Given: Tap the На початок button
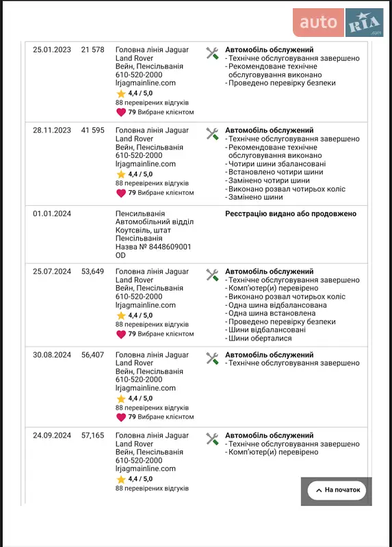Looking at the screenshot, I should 337,490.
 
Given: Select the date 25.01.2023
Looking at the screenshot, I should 52,50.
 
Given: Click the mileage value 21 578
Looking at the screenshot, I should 92,50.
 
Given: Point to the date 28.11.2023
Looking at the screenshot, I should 52,130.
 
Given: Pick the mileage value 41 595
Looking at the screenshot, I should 92,130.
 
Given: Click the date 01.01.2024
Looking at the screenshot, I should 52,213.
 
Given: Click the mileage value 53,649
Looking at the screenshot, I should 92,271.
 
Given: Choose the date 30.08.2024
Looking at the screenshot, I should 52,355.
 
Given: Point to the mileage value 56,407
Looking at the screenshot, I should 92,355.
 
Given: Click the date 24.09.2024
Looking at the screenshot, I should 52,436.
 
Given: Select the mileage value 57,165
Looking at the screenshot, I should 92,436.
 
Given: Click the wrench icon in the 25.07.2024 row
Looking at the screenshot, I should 212,274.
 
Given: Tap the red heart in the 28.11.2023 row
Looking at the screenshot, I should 121,193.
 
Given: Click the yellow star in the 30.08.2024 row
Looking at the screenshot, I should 121,399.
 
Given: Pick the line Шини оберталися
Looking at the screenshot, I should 260,338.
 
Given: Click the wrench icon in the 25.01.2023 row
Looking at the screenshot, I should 212,53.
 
